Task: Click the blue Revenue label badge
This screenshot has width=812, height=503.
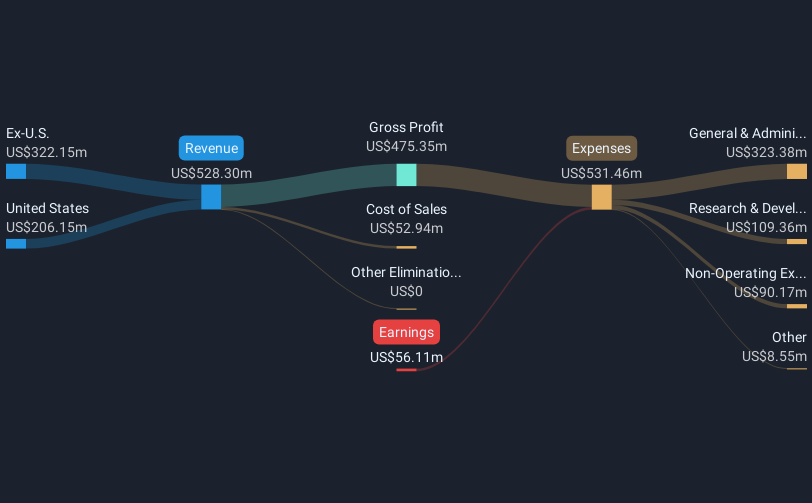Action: (211, 148)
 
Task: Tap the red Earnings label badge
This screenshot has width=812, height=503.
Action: (406, 332)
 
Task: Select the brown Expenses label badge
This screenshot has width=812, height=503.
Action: (601, 148)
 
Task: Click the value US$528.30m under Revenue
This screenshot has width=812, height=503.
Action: (211, 173)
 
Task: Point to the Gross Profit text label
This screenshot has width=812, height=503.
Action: (406, 127)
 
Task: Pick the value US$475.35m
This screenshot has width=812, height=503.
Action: (406, 146)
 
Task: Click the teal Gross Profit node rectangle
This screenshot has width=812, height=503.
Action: (406, 175)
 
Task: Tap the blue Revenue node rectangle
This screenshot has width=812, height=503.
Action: (211, 196)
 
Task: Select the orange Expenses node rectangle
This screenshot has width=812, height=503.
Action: (601, 196)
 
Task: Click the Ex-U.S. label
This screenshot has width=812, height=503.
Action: (28, 133)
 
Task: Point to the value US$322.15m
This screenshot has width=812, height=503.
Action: (46, 152)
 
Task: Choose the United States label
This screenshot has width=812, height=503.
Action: (47, 208)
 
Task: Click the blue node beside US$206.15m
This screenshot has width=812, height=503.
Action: (16, 243)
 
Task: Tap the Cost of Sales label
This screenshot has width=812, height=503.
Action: (406, 209)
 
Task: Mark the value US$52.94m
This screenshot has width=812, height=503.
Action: (406, 228)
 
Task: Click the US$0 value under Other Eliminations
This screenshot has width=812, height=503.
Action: (406, 291)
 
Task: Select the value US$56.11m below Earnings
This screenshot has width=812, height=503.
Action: (406, 357)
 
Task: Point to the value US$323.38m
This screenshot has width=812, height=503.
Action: (766, 152)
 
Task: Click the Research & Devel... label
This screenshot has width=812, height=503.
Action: (747, 208)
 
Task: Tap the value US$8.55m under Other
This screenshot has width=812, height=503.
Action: (774, 356)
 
